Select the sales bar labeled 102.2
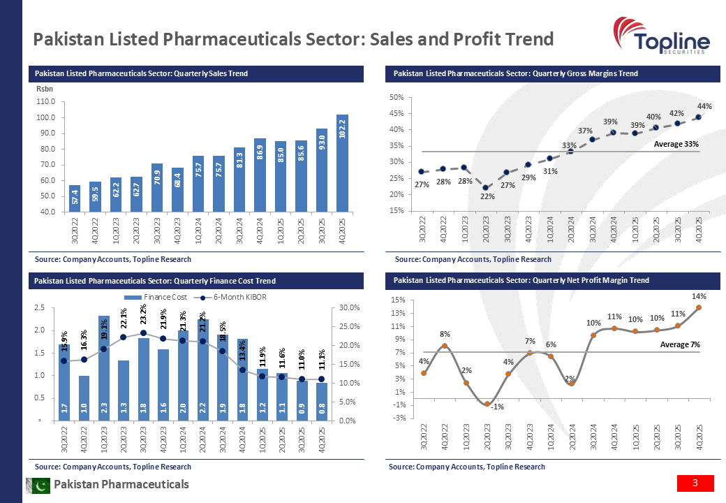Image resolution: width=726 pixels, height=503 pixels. pyautogui.click(x=342, y=162)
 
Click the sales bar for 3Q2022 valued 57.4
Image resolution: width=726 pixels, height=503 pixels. pyautogui.click(x=75, y=198)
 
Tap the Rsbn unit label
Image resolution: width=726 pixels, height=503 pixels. pyautogui.click(x=44, y=89)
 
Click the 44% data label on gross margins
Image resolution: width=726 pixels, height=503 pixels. pyautogui.click(x=704, y=106)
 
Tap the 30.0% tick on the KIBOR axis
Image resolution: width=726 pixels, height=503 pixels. pyautogui.click(x=349, y=308)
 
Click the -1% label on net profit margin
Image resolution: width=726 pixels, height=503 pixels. pyautogui.click(x=496, y=407)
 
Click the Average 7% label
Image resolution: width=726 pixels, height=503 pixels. pyautogui.click(x=680, y=344)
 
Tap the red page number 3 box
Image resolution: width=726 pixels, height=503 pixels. pyautogui.click(x=695, y=483)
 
